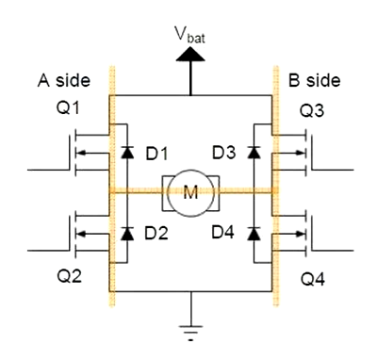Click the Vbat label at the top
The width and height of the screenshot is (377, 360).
pos(190,34)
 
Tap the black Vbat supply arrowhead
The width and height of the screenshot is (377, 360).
pos(190,54)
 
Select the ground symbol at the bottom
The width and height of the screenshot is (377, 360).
pos(190,333)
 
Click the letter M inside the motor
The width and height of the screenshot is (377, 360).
pos(190,192)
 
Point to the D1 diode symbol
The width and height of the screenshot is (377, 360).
pos(127,152)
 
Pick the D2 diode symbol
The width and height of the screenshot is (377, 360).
pos(127,233)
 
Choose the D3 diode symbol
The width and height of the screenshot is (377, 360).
pos(254,152)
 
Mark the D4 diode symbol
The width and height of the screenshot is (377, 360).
pos(254,234)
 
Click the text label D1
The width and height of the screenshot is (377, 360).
pos(156,154)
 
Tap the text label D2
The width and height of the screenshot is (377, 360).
pos(156,233)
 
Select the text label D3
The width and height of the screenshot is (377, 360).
pos(223,153)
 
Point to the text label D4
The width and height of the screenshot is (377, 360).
pos(222,232)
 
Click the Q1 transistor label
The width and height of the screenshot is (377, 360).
pos(68,108)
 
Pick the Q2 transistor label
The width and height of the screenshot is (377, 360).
pos(69,276)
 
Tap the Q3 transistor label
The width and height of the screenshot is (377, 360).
pos(312,111)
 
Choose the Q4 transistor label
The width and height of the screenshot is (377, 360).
pos(313,279)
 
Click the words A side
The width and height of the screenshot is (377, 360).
pos(64,80)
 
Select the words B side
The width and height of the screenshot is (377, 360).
pos(315,80)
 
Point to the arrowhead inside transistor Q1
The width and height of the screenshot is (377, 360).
pos(81,153)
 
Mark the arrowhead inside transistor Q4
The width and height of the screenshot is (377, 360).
pos(301,234)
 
